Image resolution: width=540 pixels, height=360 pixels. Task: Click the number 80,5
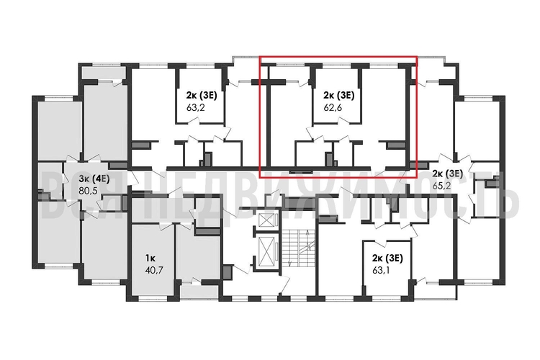tap(88, 192)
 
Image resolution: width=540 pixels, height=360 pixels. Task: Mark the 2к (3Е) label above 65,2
tap(447, 174)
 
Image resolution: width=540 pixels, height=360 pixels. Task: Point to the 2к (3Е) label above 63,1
tap(384, 257)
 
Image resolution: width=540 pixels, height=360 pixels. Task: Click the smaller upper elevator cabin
tap(268, 220)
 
